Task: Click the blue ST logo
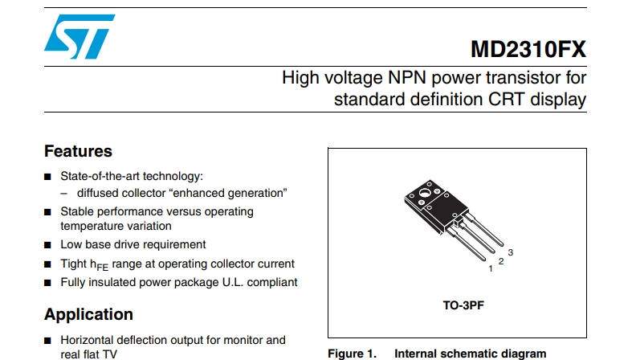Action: pos(79,36)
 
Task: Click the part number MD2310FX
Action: pos(528,50)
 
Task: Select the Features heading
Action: pos(78,151)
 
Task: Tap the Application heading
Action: pos(89,314)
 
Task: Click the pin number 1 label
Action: pos(491,268)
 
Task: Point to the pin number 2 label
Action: pos(501,261)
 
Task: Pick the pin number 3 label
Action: pos(510,252)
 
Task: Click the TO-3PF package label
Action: pos(463,305)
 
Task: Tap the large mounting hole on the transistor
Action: pos(425,192)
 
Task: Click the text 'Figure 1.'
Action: pos(352,354)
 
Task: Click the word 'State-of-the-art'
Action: pos(100,176)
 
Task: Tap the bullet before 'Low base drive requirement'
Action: pos(47,245)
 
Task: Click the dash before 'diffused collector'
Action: pos(64,194)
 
